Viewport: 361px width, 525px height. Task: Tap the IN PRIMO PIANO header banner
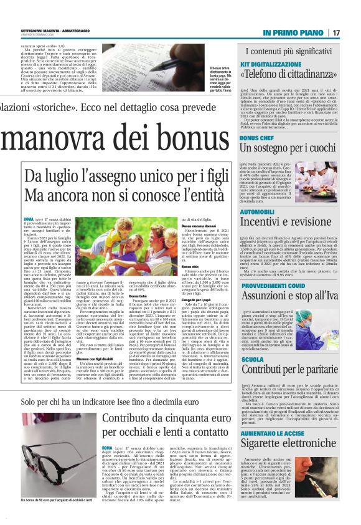point(293,32)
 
